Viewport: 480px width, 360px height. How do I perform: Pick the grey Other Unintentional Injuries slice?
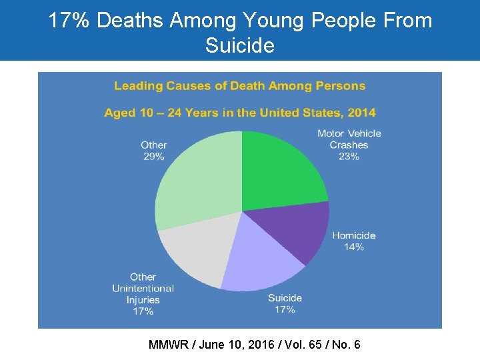click(x=193, y=253)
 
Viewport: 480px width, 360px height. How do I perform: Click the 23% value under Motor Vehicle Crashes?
click(x=349, y=157)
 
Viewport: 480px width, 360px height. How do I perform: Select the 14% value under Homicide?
click(x=354, y=247)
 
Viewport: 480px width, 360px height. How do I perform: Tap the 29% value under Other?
click(x=153, y=157)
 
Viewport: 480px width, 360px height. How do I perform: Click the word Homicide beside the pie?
click(x=354, y=235)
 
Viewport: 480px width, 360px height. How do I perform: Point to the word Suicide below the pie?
click(x=285, y=298)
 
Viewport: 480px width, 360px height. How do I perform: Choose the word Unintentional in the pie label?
click(x=143, y=289)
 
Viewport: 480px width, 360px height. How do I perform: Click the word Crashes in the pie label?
click(x=349, y=145)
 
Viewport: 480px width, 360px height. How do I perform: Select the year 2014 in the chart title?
click(x=359, y=113)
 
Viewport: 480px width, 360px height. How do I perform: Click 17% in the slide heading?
click(x=70, y=21)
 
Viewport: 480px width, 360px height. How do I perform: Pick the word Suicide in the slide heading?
click(x=239, y=46)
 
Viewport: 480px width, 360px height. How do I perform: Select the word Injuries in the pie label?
click(x=143, y=300)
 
